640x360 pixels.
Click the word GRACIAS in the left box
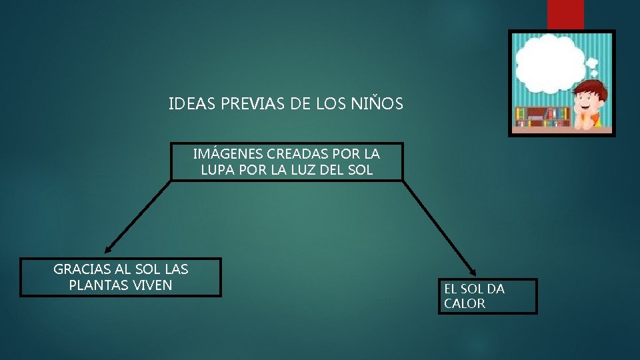[81, 270]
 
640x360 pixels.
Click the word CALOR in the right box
[465, 304]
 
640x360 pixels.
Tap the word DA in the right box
[495, 289]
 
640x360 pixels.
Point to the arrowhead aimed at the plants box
[108, 249]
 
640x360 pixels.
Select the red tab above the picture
[565, 14]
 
